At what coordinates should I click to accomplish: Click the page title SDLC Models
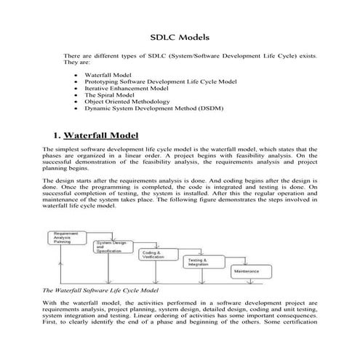pyautogui.click(x=179, y=36)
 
